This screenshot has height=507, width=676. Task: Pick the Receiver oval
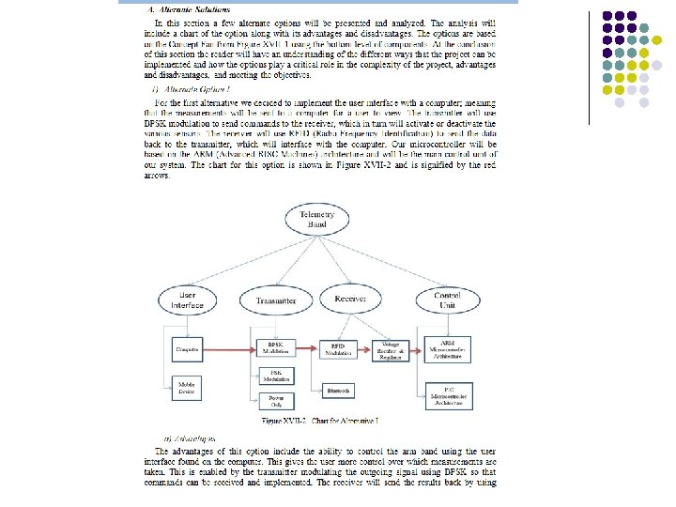pyautogui.click(x=349, y=300)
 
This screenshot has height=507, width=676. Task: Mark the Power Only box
pyautogui.click(x=275, y=402)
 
